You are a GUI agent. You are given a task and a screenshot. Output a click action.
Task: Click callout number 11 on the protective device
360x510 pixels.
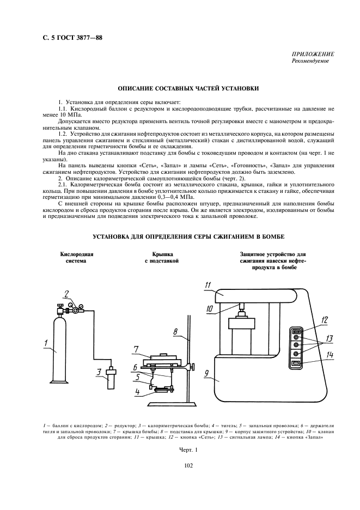point(208,284)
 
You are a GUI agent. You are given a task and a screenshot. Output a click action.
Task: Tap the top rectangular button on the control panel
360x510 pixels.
point(296,330)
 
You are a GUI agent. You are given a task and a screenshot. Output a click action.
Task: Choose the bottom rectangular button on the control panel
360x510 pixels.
point(296,363)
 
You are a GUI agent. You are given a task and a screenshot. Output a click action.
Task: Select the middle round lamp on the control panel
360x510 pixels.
point(296,345)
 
